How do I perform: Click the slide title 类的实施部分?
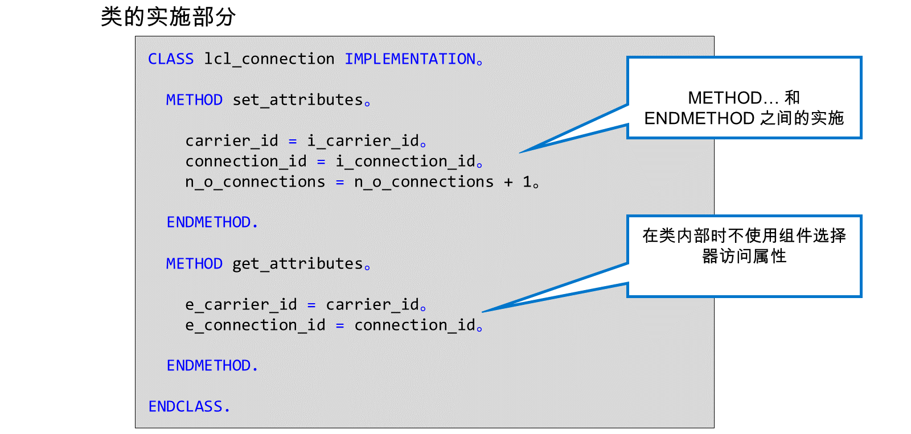pyautogui.click(x=168, y=17)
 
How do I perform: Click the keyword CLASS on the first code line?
pyautogui.click(x=171, y=59)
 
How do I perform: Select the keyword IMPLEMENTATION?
pyautogui.click(x=411, y=59)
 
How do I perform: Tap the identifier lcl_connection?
pyautogui.click(x=269, y=59)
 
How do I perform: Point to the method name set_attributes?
pyautogui.click(x=298, y=100)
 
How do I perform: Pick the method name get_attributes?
pyautogui.click(x=298, y=264)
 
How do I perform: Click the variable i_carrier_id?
pyautogui.click(x=363, y=141)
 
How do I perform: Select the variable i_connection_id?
pyautogui.click(x=405, y=162)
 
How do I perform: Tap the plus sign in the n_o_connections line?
pyautogui.click(x=508, y=183)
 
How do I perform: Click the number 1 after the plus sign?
pyautogui.click(x=527, y=181)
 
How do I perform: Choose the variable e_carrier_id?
pyautogui.click(x=241, y=305)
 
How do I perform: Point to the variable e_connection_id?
pyautogui.click(x=256, y=325)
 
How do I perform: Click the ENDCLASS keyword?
pyautogui.click(x=186, y=407)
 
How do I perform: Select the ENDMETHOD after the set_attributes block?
pyautogui.click(x=208, y=223)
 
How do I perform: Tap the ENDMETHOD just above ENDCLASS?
pyautogui.click(x=208, y=366)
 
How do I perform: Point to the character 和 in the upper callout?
pyautogui.click(x=792, y=98)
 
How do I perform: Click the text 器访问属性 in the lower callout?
pyautogui.click(x=744, y=257)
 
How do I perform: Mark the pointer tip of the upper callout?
pyautogui.click(x=520, y=153)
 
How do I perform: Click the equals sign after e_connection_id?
pyautogui.click(x=340, y=326)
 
